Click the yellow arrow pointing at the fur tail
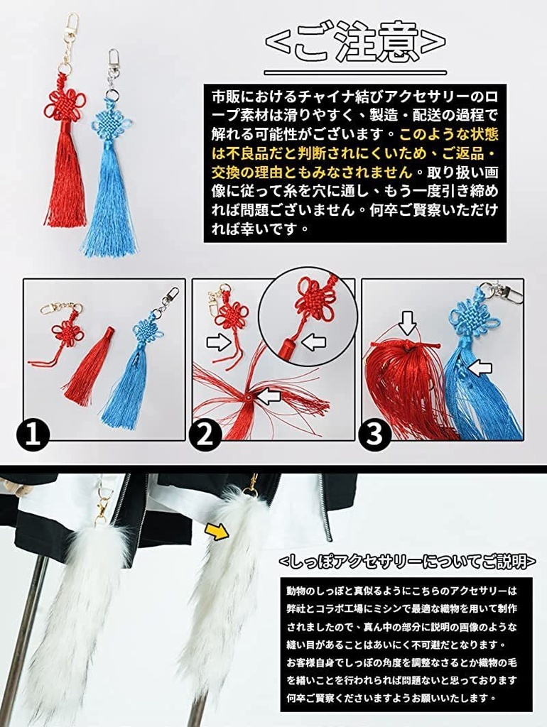coord(217,530)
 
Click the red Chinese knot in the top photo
coord(65,105)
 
